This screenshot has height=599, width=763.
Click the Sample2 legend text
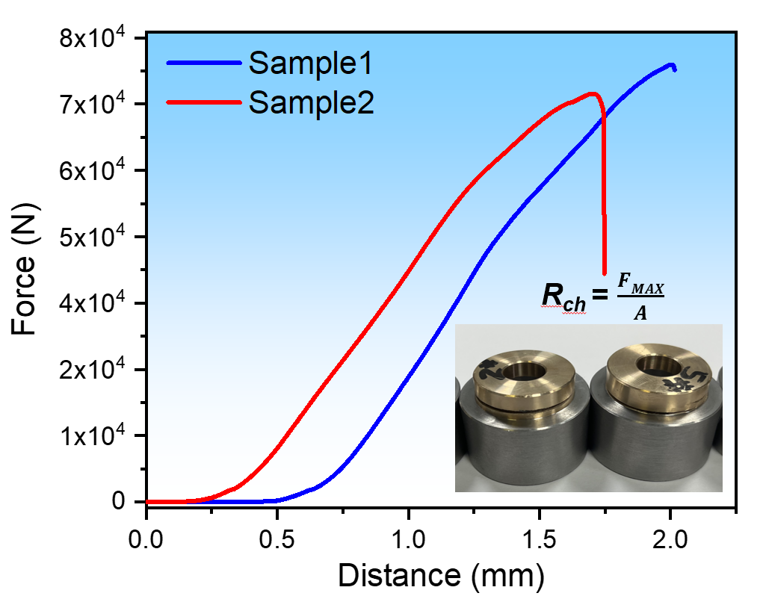[x=311, y=103]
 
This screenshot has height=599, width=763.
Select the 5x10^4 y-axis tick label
[x=93, y=237]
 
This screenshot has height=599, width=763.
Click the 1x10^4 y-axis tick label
[x=93, y=435]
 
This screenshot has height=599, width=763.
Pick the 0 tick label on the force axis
[x=119, y=502]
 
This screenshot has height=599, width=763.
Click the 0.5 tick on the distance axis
[x=277, y=537]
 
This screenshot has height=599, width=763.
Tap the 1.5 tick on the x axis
[x=540, y=537]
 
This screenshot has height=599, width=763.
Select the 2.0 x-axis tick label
[x=670, y=537]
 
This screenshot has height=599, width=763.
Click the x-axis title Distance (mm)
[x=441, y=576]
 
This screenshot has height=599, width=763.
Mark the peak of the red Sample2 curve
[x=593, y=93]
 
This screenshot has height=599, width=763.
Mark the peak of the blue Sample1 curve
[x=670, y=64]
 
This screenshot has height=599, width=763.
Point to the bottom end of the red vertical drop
[x=604, y=273]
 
